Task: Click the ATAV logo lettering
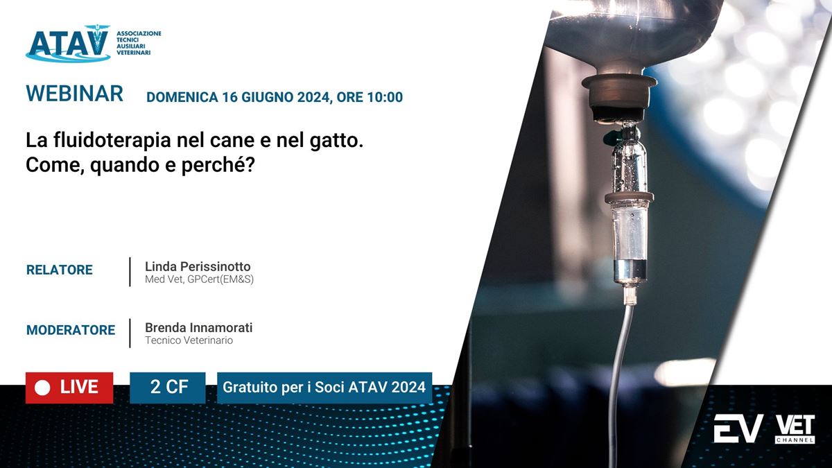69,43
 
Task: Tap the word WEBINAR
74,93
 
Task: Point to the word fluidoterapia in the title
112,140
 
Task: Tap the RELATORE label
60,270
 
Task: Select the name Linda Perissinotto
198,266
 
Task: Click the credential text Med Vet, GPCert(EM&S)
199,279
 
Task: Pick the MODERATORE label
71,330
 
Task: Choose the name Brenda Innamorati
199,327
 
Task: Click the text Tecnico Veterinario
189,340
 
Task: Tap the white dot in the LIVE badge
42,388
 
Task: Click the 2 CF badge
168,388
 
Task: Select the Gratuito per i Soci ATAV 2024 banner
324,388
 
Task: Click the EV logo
738,428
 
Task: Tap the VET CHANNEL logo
795,429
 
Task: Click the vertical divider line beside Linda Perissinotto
130,272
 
